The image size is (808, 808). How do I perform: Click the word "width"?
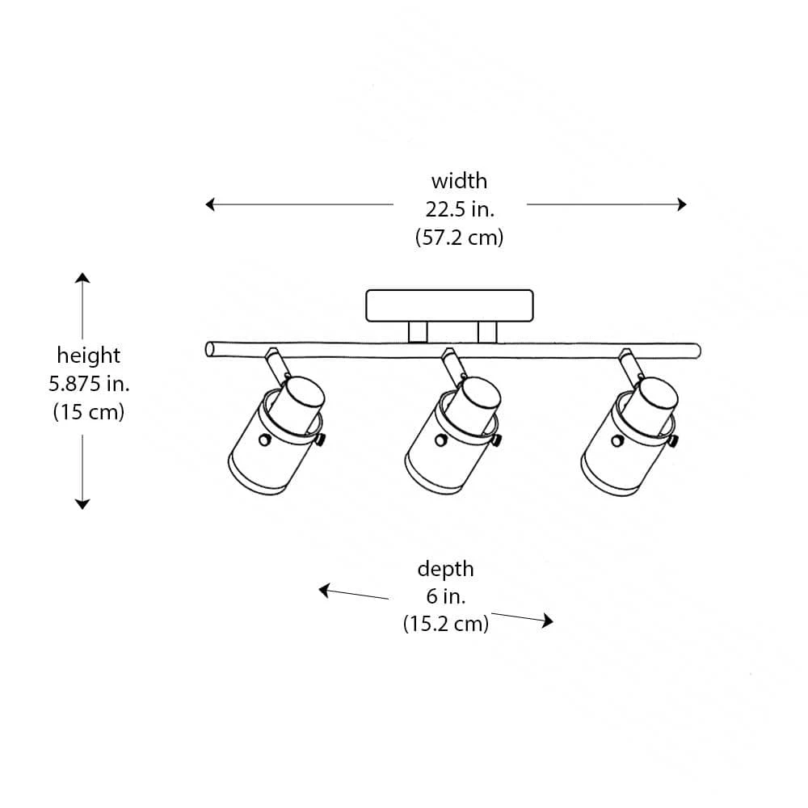click(459, 181)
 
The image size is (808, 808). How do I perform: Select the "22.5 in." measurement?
click(459, 209)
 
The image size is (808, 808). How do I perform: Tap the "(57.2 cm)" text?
click(459, 238)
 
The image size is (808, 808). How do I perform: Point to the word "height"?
click(88, 356)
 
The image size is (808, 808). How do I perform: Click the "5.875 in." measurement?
click(88, 384)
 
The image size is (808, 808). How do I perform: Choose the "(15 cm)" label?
click(88, 412)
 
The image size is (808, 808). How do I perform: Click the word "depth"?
click(445, 569)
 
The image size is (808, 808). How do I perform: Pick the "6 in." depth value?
click(445, 597)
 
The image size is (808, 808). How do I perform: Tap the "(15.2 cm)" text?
click(445, 625)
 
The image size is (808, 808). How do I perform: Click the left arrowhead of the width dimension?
click(210, 204)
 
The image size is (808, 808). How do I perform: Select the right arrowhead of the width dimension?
click(682, 204)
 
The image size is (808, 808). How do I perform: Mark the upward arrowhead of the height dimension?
click(82, 278)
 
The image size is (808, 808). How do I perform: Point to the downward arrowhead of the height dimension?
click(82, 504)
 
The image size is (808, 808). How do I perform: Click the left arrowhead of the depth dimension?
click(325, 591)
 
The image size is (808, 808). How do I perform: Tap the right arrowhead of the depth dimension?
click(548, 621)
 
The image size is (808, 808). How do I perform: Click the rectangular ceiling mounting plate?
click(449, 305)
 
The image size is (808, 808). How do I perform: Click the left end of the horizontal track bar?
click(210, 350)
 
